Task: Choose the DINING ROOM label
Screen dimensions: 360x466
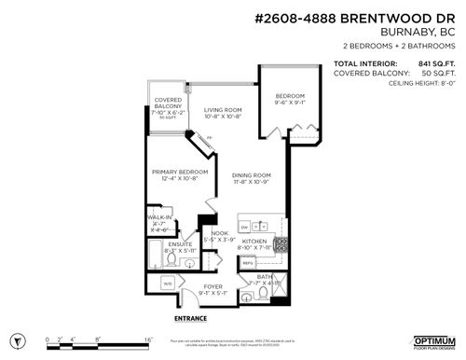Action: pyautogui.click(x=251, y=175)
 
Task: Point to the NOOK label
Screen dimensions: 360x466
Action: pyautogui.click(x=219, y=233)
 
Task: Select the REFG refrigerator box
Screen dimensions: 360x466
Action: pyautogui.click(x=248, y=264)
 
